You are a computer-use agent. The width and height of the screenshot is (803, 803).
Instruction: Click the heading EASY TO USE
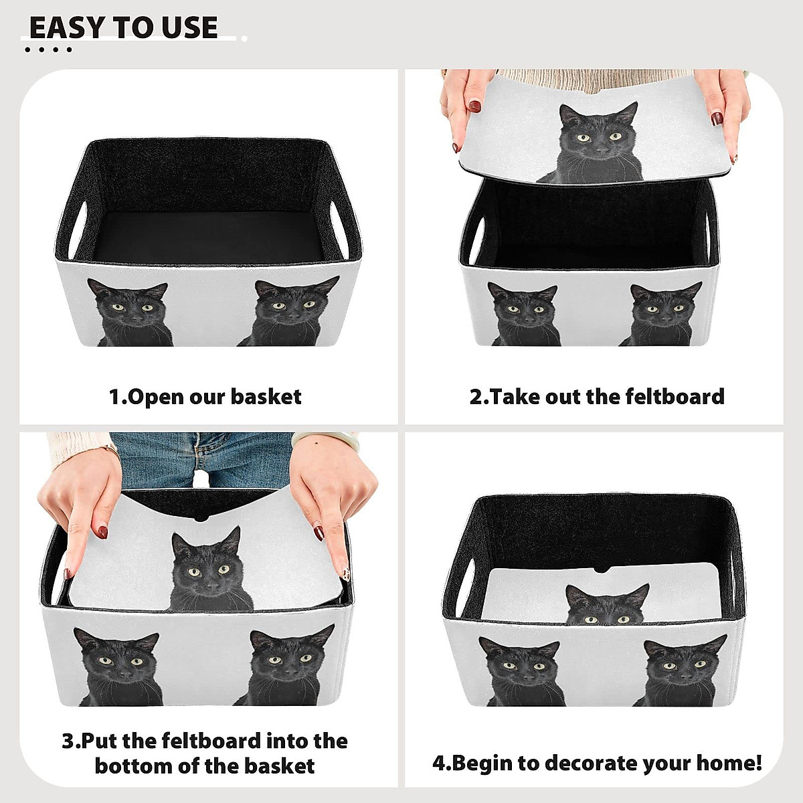(124, 27)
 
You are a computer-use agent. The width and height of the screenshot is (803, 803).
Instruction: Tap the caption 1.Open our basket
(205, 397)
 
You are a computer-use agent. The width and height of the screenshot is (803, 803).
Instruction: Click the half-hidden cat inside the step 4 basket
(606, 606)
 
